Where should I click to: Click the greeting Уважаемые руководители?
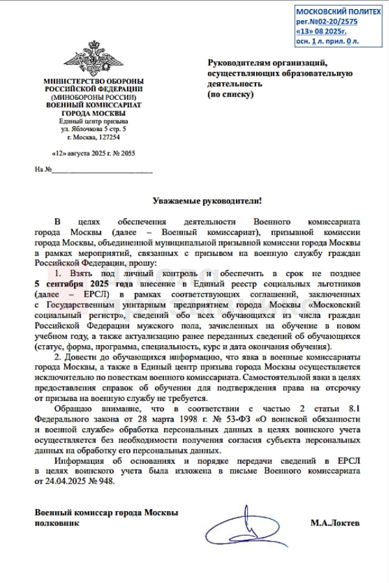click(202, 203)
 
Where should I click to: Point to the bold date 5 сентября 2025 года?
click(84, 284)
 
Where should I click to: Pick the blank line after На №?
click(102, 171)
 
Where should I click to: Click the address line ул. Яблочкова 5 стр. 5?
click(93, 130)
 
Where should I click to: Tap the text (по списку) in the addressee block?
click(231, 94)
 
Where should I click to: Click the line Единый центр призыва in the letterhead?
click(93, 121)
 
